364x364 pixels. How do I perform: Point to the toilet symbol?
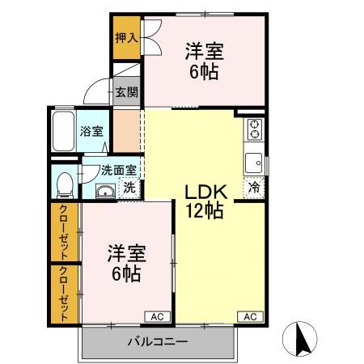pos(65,183)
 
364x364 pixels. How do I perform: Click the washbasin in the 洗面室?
pos(105,191)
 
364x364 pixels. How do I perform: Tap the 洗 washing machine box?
pos(129,188)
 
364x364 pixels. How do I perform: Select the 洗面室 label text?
pos(118,171)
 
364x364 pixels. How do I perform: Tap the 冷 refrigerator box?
pos(255,187)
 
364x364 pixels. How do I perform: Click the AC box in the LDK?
pos(249,315)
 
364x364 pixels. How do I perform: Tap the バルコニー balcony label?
pos(157,341)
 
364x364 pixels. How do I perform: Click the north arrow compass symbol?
pos(302,337)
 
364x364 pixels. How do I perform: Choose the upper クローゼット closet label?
pos(64,233)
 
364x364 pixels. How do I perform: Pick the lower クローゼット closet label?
pos(64,294)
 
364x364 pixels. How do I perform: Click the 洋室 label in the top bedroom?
pos(204,51)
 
